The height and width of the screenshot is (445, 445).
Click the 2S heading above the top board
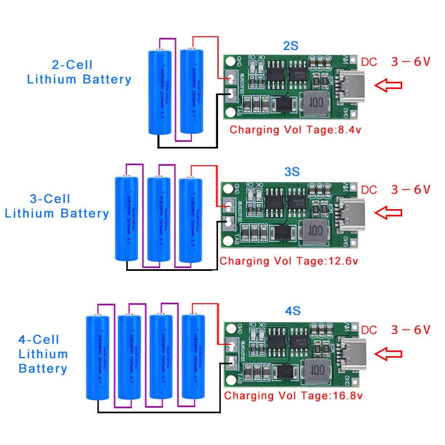click(290, 46)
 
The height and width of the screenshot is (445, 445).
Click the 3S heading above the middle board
click(291, 172)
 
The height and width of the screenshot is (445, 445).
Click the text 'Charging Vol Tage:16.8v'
click(293, 396)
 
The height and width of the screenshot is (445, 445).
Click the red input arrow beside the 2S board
click(388, 85)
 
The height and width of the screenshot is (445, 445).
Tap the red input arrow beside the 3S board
click(388, 212)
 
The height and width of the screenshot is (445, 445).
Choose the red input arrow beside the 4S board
click(388, 353)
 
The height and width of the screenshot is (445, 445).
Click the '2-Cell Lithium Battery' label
click(79, 72)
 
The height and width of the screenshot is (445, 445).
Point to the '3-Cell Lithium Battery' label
click(57, 206)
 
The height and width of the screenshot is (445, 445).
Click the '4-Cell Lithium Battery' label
click(43, 354)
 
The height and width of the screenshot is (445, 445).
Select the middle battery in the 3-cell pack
click(158, 219)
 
